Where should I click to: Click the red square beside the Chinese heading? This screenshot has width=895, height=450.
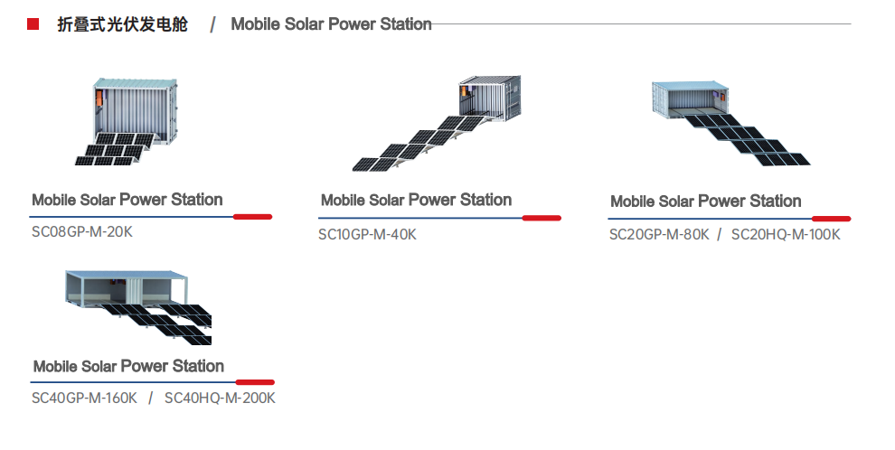pos(33,24)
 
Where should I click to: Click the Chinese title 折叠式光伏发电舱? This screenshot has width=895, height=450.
pos(122,24)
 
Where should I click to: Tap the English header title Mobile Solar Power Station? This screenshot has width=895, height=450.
pos(331,24)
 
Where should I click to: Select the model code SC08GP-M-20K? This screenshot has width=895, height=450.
pos(82,232)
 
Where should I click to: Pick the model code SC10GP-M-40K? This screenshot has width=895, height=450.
pos(368,234)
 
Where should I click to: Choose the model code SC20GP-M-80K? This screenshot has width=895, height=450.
pos(659,234)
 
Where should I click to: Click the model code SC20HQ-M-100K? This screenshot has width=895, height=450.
pos(786,234)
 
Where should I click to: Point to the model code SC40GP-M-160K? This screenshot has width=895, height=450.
pos(84,398)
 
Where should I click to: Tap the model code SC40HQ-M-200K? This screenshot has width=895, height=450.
pos(220,398)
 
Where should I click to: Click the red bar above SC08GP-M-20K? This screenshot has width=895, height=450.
pos(253,217)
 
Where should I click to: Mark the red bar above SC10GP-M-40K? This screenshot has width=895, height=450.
pos(542,218)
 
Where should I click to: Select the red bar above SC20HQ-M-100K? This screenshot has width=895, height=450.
pos(831,219)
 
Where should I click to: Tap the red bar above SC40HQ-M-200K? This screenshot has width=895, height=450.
pos(255,382)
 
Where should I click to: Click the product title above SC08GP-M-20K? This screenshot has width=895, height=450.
pos(127,200)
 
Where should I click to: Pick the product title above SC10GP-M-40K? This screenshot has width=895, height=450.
pos(416,201)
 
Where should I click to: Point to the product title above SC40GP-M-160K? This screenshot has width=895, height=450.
pos(128,366)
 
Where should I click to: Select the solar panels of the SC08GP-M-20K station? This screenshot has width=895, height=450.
pos(114,149)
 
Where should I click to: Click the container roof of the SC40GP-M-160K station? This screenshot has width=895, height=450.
pos(127,275)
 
